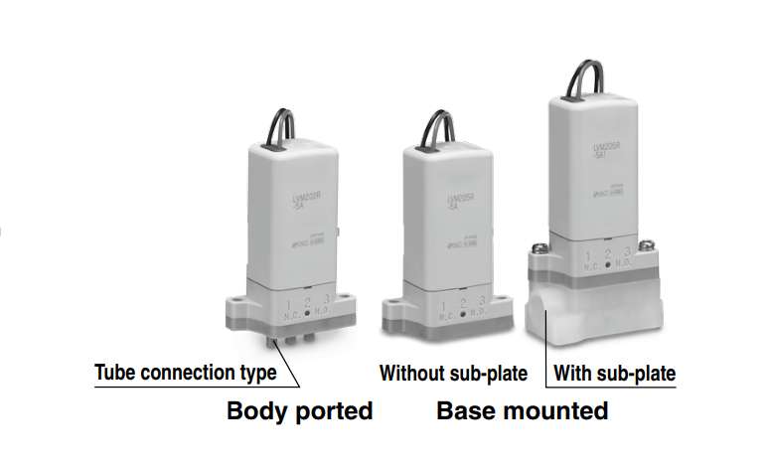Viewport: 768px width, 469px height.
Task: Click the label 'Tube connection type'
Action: click(186, 374)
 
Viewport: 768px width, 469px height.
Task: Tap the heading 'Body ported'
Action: click(300, 410)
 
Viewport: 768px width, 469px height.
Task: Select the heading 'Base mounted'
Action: click(523, 410)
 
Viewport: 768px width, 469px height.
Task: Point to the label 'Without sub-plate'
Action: click(453, 374)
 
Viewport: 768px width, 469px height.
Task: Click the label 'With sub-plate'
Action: click(614, 374)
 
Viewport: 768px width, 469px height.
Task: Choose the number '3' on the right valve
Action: click(627, 253)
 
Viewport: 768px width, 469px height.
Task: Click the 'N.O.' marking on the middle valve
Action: click(479, 312)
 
